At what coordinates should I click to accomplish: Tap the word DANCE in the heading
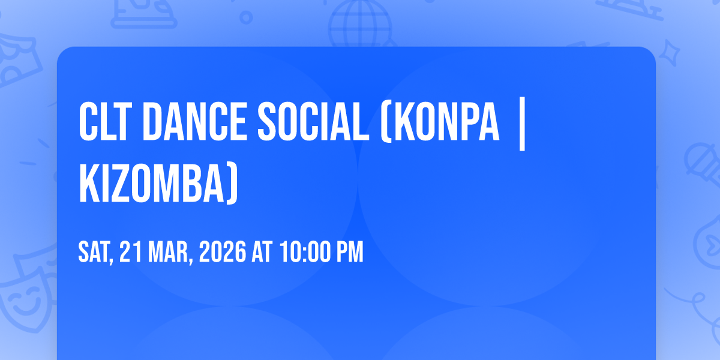pyautogui.click(x=195, y=122)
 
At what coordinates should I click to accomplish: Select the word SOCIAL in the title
pyautogui.click(x=313, y=122)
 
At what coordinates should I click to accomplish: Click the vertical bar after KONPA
pyautogui.click(x=523, y=124)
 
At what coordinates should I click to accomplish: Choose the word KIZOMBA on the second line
pyautogui.click(x=152, y=183)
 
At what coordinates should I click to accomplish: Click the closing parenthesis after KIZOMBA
pyautogui.click(x=232, y=184)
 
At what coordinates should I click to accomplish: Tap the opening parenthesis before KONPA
pyautogui.click(x=386, y=122)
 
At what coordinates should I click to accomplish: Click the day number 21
pyautogui.click(x=131, y=252)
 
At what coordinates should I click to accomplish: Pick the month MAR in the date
pyautogui.click(x=169, y=253)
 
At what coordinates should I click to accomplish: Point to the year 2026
pyautogui.click(x=223, y=252)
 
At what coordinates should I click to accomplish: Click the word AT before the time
pyautogui.click(x=262, y=252)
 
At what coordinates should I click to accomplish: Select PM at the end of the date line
pyautogui.click(x=350, y=252)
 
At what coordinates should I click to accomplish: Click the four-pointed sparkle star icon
pyautogui.click(x=670, y=53)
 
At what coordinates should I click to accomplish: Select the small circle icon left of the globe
pyautogui.click(x=246, y=17)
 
